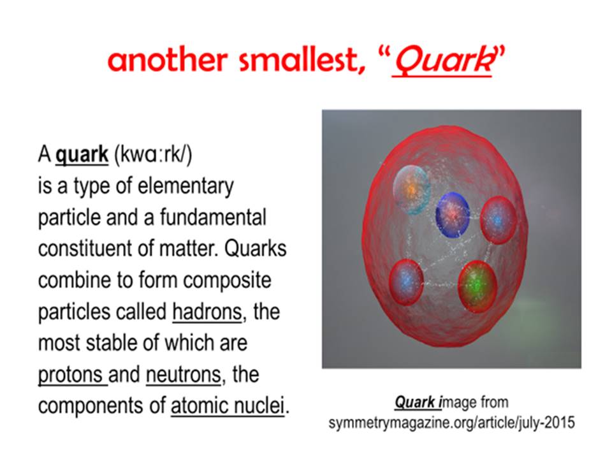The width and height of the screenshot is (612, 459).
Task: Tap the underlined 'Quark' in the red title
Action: [x=443, y=61]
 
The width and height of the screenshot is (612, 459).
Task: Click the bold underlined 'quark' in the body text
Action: [x=82, y=154]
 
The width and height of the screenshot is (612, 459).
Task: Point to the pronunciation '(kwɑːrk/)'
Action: [x=153, y=154]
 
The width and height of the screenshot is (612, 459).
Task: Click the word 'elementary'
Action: [x=186, y=186]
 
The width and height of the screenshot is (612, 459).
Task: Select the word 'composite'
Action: [x=227, y=280]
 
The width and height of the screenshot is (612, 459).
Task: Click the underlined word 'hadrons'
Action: [x=207, y=312]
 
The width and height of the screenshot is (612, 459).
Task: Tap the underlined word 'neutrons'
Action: [x=184, y=375]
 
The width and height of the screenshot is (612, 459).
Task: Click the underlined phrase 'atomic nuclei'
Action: [x=228, y=406]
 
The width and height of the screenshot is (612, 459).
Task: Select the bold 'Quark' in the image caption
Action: [x=415, y=402]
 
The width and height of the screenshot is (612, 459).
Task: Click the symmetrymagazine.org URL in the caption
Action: [x=451, y=423]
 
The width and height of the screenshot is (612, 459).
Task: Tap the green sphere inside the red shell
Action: [x=477, y=286]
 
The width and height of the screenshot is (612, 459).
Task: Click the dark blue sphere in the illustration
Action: [x=453, y=214]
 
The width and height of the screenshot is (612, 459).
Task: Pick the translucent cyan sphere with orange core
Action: [x=412, y=189]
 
